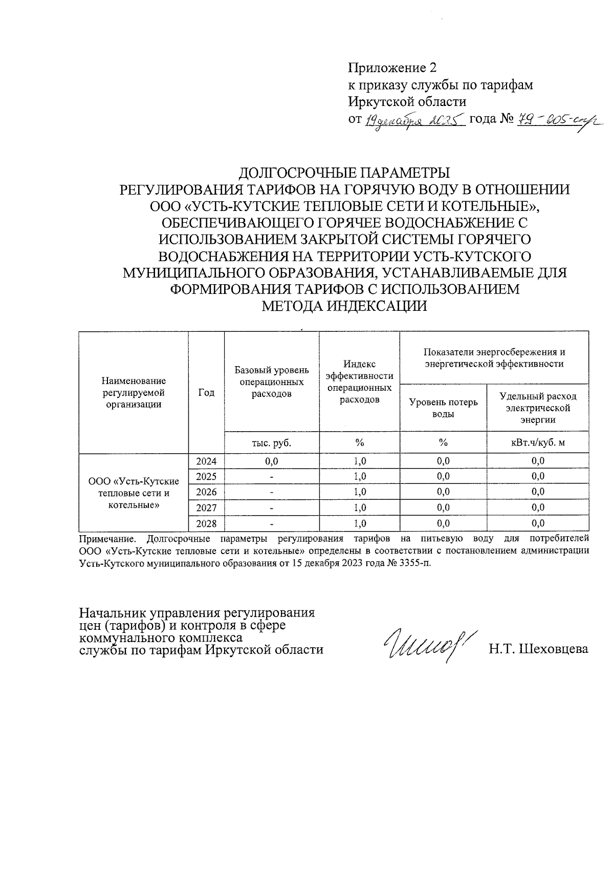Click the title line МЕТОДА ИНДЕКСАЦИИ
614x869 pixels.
click(344, 306)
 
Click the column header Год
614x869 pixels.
click(206, 392)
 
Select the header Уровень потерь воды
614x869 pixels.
click(443, 408)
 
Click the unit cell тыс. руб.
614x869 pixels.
click(272, 443)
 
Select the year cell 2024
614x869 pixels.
click(206, 461)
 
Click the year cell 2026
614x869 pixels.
click(206, 492)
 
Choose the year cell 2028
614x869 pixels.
click(206, 523)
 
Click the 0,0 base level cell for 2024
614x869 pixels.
click(272, 461)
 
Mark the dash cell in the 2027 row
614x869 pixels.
click(272, 508)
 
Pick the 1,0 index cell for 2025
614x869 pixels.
click(359, 477)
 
